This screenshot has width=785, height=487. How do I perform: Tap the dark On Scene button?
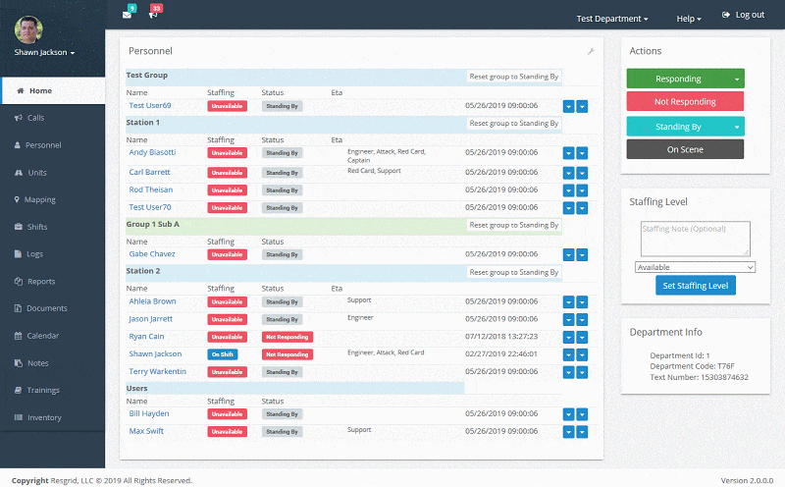(685, 149)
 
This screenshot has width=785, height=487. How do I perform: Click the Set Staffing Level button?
(695, 286)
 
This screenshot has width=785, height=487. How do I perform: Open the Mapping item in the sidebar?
(41, 199)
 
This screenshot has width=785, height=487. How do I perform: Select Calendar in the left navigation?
(43, 336)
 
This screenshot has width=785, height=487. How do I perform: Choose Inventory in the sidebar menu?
(44, 417)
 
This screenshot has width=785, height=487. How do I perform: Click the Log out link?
(743, 16)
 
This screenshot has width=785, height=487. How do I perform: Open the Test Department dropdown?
(611, 19)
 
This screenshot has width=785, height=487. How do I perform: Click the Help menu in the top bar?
(689, 19)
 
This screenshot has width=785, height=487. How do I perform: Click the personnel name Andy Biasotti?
(153, 153)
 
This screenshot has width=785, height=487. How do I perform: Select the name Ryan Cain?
(147, 337)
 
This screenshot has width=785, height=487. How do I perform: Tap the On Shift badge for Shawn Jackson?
(222, 354)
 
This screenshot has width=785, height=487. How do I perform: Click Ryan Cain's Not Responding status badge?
(288, 337)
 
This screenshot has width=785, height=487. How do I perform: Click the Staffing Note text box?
(694, 239)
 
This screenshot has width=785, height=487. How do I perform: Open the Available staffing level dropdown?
(695, 267)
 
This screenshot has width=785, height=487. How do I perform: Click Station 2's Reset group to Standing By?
(514, 273)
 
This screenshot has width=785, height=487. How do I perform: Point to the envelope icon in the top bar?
(127, 15)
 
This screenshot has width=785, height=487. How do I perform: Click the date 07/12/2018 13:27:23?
(501, 337)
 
